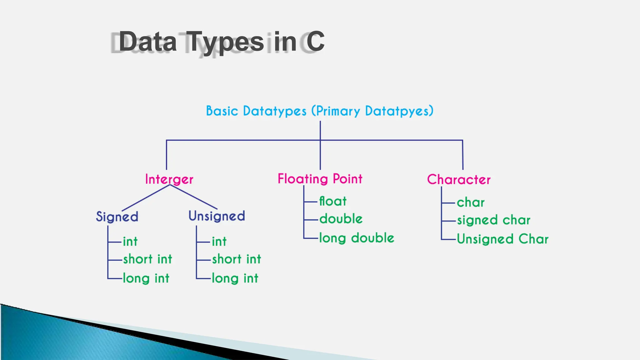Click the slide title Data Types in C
pos(221,42)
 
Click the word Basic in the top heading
pos(222,111)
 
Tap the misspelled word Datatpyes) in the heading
pos(399,111)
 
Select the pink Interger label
pos(169,179)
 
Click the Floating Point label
pos(320,179)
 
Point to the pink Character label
pos(458,179)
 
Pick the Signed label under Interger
pos(117,217)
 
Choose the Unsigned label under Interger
pos(217,216)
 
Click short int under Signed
pos(147,259)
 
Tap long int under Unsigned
pos(235,278)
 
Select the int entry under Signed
pos(130,242)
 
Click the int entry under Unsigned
pos(219,242)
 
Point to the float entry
pos(333,201)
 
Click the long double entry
pos(357,238)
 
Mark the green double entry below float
pos(341,219)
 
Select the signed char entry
pos(493,220)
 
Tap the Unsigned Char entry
pos(502,239)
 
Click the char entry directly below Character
pos(471,202)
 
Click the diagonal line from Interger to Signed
pos(146,198)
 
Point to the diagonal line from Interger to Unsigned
pos(194,197)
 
